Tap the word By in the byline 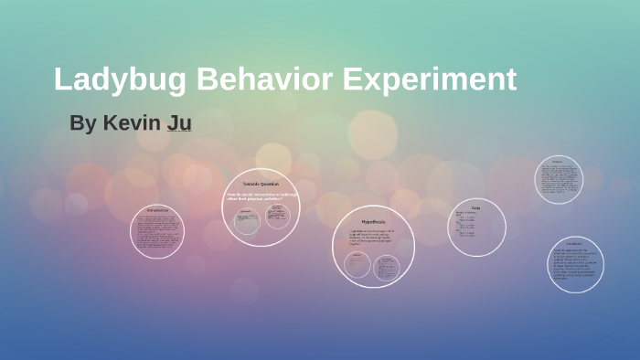(82, 123)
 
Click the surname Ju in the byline (178, 123)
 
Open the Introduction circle (157, 232)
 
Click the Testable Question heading (261, 185)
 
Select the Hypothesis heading (373, 222)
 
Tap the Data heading (475, 208)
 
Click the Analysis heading (558, 161)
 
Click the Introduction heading (157, 211)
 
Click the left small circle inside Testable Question (246, 219)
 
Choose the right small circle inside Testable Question (277, 216)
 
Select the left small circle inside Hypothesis (357, 265)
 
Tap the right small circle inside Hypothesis (388, 266)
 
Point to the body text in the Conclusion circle (575, 265)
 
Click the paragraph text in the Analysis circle (558, 179)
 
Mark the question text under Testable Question (261, 197)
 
